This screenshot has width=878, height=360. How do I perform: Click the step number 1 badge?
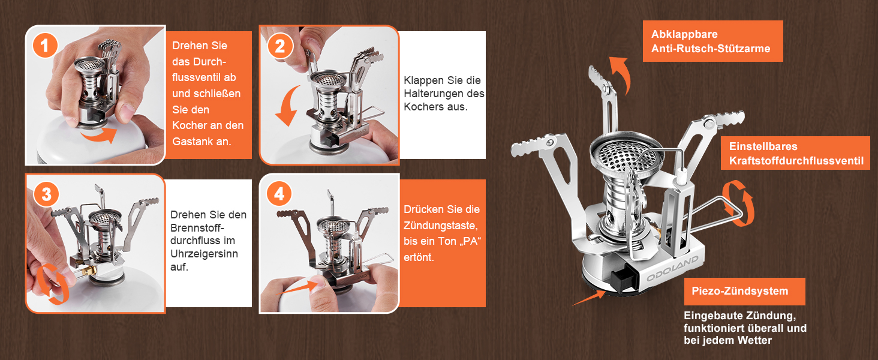click(45, 46)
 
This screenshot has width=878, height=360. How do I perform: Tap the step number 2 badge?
click(280, 46)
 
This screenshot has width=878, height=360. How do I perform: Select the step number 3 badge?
click(46, 194)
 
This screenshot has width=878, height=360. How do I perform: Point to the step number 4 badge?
click(279, 193)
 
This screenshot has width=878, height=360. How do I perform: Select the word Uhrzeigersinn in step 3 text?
click(205, 254)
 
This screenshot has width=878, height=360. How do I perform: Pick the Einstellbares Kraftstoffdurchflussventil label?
click(795, 154)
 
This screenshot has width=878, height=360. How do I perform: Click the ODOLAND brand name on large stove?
click(672, 269)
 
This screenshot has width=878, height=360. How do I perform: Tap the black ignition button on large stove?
click(620, 279)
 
